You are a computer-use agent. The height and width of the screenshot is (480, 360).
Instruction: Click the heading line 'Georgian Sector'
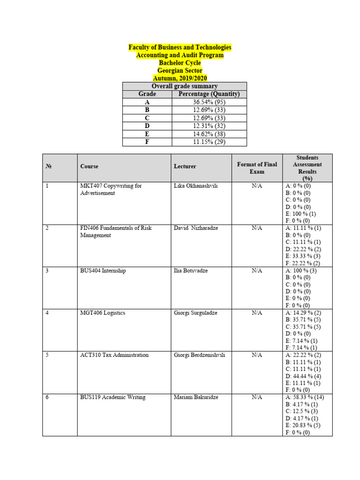tap(180, 70)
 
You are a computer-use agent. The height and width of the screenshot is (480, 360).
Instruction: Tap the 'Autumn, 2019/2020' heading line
tap(180, 78)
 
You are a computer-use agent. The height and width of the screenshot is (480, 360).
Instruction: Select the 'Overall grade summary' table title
tap(184, 86)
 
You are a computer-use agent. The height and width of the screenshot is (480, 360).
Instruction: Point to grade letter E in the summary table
tap(147, 134)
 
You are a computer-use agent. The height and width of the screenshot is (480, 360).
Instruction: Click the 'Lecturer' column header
tap(185, 166)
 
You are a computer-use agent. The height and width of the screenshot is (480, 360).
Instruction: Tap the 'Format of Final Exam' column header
tap(256, 168)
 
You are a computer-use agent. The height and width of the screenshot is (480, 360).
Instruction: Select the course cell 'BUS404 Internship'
tap(103, 271)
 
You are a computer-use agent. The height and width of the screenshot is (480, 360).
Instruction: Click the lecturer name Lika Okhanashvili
tap(195, 186)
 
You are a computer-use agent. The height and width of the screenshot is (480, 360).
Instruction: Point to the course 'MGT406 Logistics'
tap(103, 313)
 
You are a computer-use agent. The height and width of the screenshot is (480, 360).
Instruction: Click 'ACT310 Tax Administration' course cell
tap(114, 355)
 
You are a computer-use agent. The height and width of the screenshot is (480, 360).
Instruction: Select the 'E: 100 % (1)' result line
tap(300, 214)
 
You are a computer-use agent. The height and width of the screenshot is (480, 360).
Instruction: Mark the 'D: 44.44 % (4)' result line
tap(303, 376)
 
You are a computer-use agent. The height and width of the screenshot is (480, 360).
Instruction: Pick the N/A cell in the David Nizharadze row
tap(256, 228)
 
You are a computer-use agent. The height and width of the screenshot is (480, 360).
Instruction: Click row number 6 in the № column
tap(47, 397)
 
